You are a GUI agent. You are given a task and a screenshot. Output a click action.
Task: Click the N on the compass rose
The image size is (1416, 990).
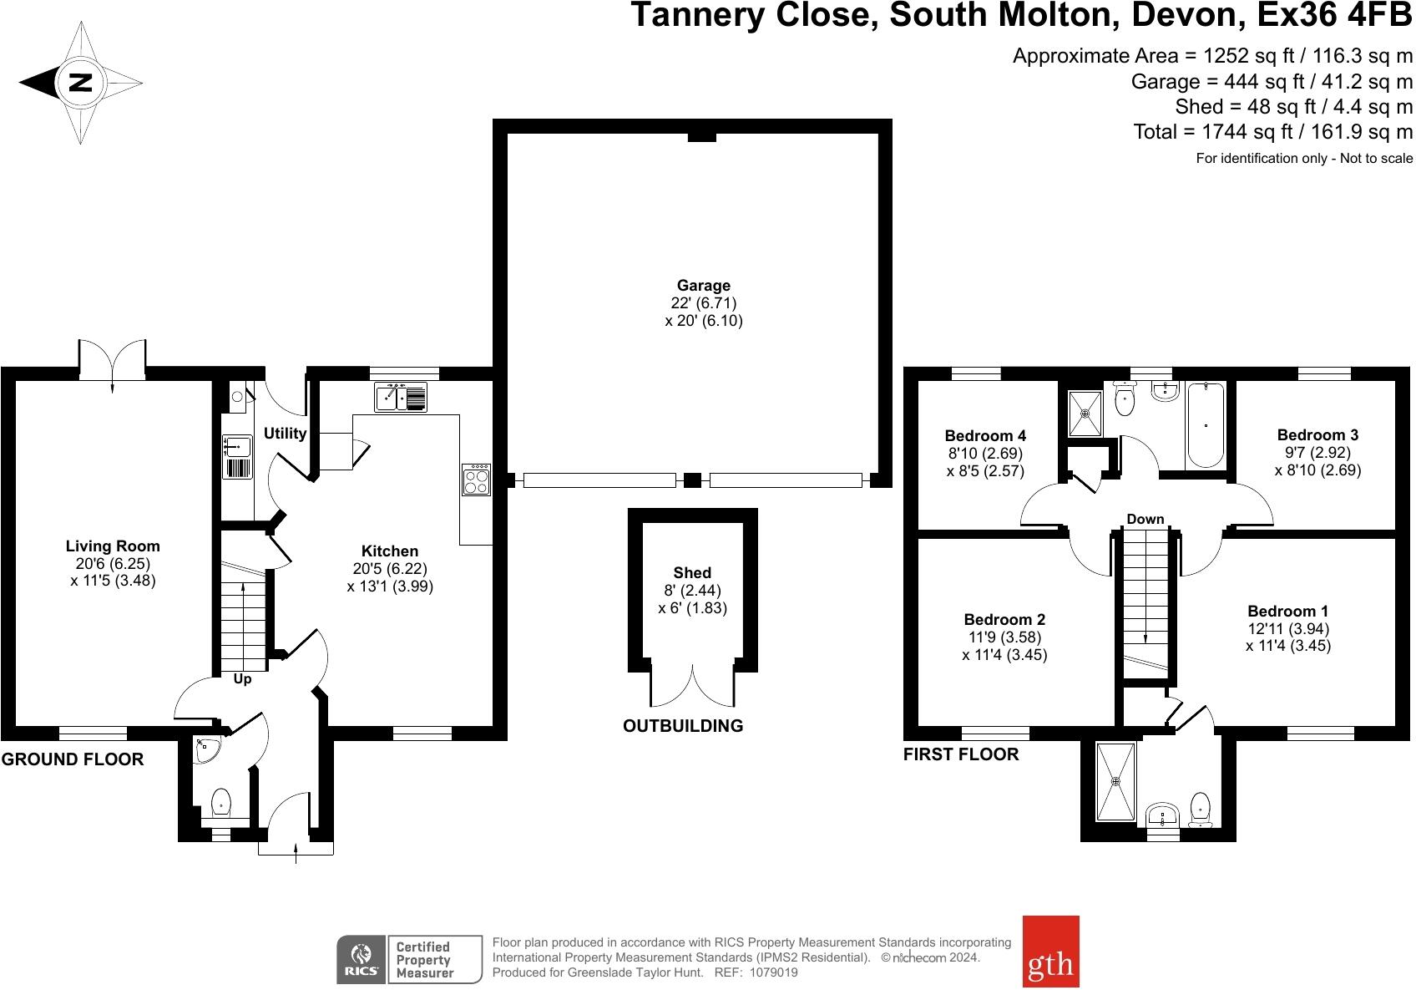click(x=80, y=82)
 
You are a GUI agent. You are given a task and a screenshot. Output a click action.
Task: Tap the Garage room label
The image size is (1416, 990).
click(x=704, y=285)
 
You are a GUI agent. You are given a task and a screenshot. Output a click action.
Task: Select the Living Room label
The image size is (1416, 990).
click(x=113, y=546)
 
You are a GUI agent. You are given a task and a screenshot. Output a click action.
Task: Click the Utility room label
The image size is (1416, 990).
click(x=285, y=434)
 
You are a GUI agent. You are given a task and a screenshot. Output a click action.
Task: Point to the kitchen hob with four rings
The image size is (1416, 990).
click(x=477, y=480)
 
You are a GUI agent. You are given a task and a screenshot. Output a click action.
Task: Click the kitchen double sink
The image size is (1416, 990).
click(x=401, y=398)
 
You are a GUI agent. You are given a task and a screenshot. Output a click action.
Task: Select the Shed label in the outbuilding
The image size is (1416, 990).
click(x=692, y=572)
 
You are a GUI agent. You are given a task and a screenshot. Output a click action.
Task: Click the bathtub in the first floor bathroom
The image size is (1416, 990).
click(x=1206, y=424)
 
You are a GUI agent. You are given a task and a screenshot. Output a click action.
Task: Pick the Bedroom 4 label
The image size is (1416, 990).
click(x=985, y=435)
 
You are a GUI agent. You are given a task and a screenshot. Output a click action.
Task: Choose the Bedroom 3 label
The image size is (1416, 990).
click(x=1317, y=434)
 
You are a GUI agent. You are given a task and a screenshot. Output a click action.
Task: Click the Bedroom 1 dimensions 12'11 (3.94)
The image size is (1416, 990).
click(x=1288, y=629)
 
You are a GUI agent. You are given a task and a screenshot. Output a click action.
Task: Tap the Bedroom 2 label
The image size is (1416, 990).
click(x=1004, y=619)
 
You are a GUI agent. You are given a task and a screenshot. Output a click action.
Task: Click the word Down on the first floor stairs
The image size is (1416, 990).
click(x=1145, y=519)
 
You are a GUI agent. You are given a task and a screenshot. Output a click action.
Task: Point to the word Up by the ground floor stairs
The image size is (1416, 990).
click(x=242, y=678)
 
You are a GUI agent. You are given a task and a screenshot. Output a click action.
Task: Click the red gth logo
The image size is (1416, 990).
click(x=1050, y=951)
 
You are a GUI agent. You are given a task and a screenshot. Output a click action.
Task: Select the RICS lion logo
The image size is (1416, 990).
click(x=361, y=959)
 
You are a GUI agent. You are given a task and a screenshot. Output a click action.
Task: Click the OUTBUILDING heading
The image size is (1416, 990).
click(x=683, y=725)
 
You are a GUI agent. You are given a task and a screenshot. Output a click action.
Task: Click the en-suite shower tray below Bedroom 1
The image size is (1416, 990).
click(x=1115, y=782)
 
